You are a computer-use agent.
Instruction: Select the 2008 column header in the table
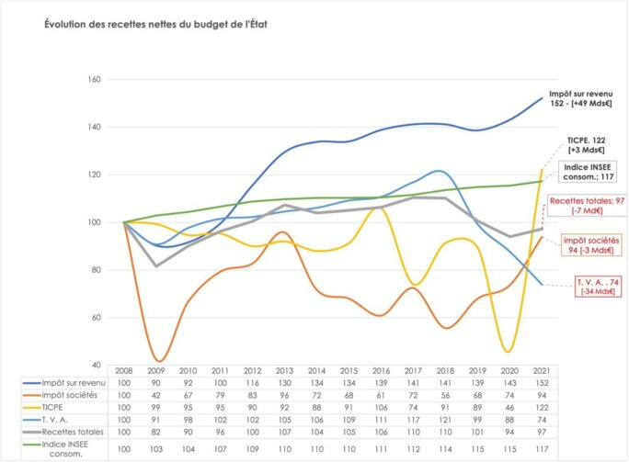123,369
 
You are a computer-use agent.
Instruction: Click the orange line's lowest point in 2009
157,361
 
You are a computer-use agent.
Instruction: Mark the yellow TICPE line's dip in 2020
508,351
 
